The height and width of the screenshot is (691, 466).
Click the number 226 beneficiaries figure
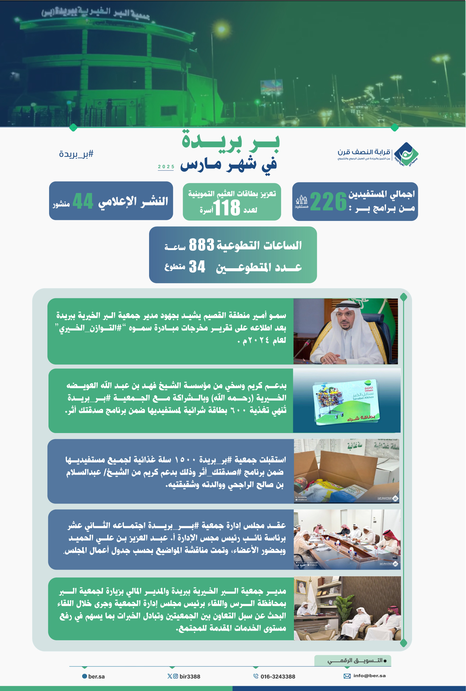pos(328,202)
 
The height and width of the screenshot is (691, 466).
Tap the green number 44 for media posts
pos(83,201)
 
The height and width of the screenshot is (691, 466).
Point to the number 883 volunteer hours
pos(201,245)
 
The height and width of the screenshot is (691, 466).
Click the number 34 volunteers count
pos(197,267)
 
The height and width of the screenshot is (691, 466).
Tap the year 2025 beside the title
pos(166,167)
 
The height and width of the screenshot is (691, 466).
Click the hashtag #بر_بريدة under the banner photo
pos(76,154)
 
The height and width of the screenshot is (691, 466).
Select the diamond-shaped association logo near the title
pos(406,155)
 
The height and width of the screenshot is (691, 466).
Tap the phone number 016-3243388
pos(278,676)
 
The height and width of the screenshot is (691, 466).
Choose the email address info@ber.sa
pos(369,676)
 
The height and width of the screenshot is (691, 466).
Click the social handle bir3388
pos(190,676)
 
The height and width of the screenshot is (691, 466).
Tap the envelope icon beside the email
pos(347,676)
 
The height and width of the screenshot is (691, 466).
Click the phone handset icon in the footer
pos(256,676)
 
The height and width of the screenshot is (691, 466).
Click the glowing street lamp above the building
pos(221,29)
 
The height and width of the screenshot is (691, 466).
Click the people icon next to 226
pos(301,200)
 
